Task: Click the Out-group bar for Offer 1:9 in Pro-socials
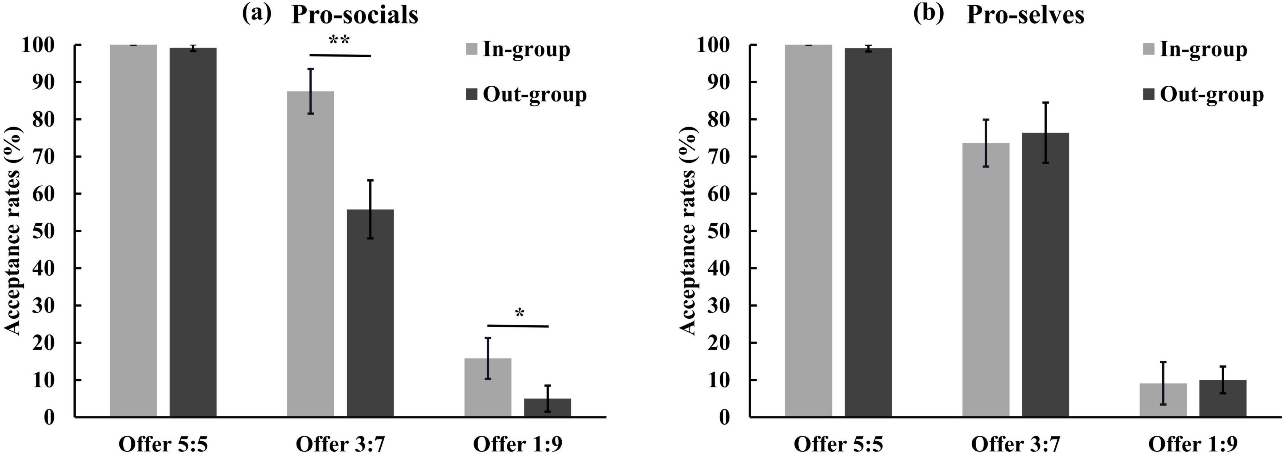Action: tap(547, 408)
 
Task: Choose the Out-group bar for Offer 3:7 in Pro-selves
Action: tap(1045, 275)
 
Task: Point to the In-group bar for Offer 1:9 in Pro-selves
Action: tap(1163, 400)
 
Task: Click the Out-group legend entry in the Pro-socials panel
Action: tap(526, 94)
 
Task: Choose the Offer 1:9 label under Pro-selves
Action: tap(1193, 443)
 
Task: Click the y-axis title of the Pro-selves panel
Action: tap(688, 231)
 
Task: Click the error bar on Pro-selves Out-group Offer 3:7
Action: tap(1046, 133)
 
